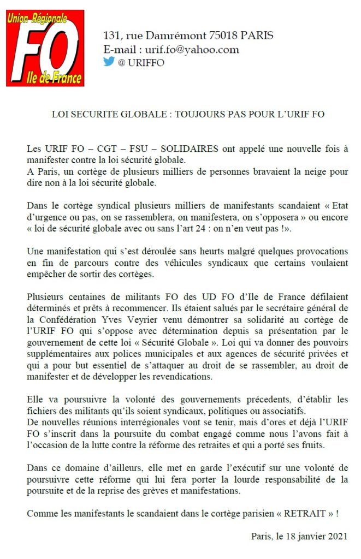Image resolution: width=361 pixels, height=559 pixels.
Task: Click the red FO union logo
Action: point(45,47)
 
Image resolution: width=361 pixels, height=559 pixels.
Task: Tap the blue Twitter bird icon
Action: point(109,62)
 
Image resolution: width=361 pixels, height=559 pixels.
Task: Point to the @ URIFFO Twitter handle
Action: point(141,62)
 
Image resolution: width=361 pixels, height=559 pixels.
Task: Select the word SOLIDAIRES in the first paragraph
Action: point(192,149)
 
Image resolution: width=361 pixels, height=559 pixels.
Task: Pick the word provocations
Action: point(318,252)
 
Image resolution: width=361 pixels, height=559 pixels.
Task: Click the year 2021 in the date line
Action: point(337,536)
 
